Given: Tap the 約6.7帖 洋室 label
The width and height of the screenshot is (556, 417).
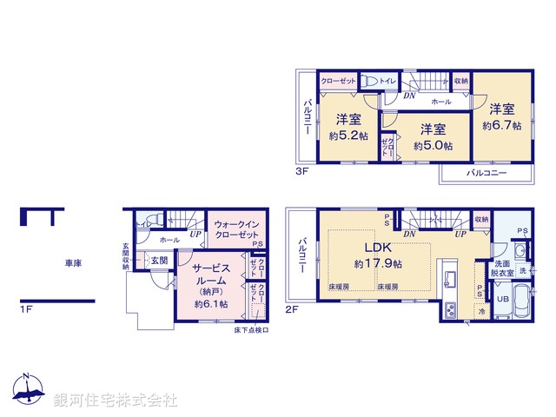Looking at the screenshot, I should tap(501, 117).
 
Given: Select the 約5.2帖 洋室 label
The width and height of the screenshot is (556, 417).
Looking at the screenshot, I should tap(345, 128).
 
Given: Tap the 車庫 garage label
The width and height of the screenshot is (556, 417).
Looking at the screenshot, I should tap(72, 261).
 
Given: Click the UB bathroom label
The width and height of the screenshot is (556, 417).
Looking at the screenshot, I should tap(502, 299).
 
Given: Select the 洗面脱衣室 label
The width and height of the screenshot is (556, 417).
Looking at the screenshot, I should tap(502, 267).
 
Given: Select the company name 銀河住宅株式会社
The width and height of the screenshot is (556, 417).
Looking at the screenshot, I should tap(115, 400).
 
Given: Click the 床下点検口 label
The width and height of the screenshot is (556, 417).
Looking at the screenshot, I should tap(251, 330).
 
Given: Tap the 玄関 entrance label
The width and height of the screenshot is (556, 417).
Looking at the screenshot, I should tap(159, 259).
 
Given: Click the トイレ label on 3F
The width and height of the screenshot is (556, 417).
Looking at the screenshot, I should tap(387, 81).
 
